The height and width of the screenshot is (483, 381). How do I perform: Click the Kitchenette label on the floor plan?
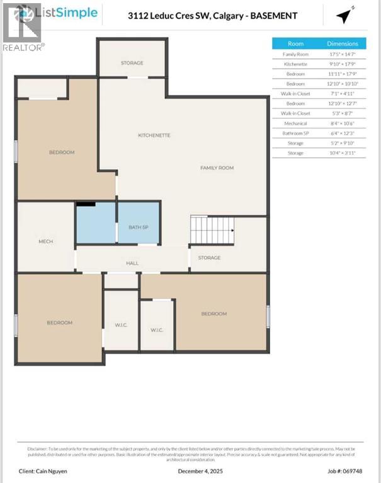pyautogui.click(x=154, y=135)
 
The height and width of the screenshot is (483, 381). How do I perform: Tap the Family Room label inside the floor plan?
pyautogui.click(x=217, y=168)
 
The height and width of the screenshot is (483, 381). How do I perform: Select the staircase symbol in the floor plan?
pyautogui.click(x=212, y=230)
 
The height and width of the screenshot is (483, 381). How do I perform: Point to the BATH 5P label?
pyautogui.click(x=138, y=227)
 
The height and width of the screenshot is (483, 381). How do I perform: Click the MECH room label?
pyautogui.click(x=45, y=241)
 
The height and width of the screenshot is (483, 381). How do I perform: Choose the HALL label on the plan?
pyautogui.click(x=132, y=263)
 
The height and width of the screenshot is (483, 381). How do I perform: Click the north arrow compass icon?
pyautogui.click(x=344, y=15)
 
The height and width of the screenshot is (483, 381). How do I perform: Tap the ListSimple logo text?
pyautogui.click(x=67, y=13)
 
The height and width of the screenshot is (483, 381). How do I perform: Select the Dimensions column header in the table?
pyautogui.click(x=342, y=43)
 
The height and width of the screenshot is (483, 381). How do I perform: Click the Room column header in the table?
pyautogui.click(x=295, y=43)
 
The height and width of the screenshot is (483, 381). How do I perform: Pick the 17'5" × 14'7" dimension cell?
pyautogui.click(x=342, y=55)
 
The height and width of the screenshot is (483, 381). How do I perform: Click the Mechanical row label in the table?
pyautogui.click(x=295, y=124)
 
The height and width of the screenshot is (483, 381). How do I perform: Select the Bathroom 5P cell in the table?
pyautogui.click(x=295, y=133)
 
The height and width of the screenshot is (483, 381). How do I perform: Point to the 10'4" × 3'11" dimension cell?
pyautogui.click(x=342, y=153)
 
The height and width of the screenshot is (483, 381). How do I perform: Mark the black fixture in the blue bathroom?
pyautogui.click(x=86, y=204)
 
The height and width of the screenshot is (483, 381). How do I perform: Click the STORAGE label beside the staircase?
pyautogui.click(x=209, y=258)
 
